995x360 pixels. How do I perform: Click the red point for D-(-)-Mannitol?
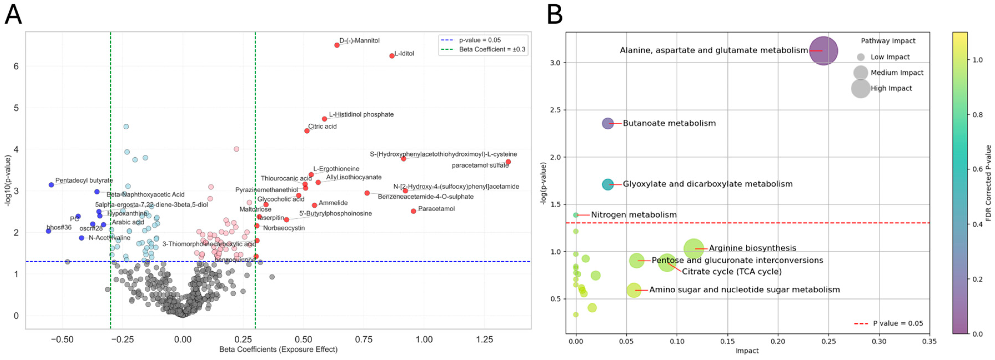[337, 45]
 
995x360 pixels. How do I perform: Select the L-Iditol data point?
[392, 56]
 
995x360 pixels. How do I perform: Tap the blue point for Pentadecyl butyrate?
[51, 185]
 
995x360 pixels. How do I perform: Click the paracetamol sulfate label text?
[480, 165]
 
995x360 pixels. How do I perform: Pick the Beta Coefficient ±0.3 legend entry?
[492, 49]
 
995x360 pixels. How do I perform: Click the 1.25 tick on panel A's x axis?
[484, 339]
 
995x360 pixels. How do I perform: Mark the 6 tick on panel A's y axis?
[16, 66]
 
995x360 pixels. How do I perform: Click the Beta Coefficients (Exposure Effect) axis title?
[278, 349]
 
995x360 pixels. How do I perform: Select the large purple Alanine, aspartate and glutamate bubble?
[823, 51]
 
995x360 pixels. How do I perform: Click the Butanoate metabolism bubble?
[608, 124]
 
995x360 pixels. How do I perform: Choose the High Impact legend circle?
[861, 89]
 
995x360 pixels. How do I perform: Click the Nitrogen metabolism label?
[634, 215]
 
